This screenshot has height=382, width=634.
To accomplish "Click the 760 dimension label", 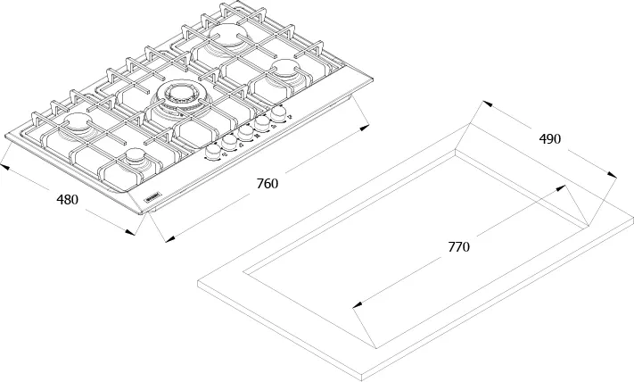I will (x=268, y=184).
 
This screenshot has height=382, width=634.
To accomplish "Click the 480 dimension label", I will (x=68, y=200).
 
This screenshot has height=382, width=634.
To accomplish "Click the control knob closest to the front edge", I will (x=214, y=153).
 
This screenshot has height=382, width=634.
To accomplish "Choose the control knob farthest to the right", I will (x=279, y=113).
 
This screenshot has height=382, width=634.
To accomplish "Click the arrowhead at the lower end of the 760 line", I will (x=164, y=238).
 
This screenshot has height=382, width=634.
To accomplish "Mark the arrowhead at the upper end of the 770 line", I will (x=563, y=187).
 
